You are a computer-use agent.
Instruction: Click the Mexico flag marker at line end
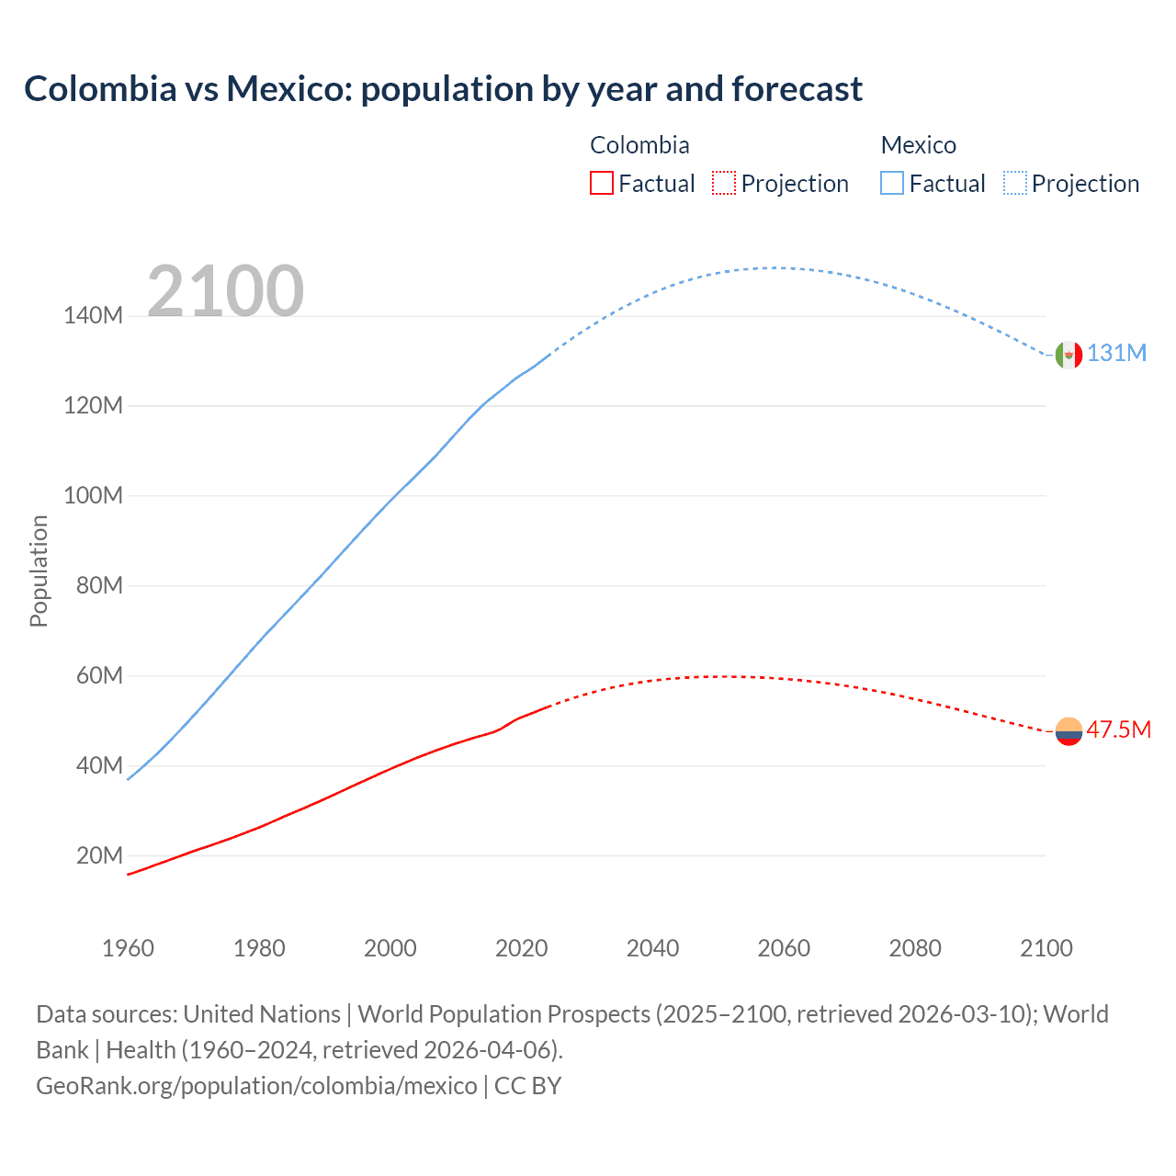(x=1069, y=355)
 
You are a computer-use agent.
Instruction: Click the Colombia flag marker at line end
(x=1069, y=731)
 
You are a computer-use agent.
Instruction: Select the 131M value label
(x=1116, y=354)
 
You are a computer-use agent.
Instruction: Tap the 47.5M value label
(x=1118, y=730)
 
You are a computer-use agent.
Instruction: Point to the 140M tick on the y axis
(x=93, y=316)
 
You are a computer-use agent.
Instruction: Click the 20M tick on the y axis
(x=99, y=856)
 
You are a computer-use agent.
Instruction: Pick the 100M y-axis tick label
(x=93, y=496)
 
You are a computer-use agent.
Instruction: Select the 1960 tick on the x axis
(x=128, y=948)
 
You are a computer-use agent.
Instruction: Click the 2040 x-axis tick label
(x=652, y=948)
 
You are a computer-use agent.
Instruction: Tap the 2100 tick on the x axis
(x=1046, y=948)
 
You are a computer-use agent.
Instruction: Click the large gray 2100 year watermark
(x=225, y=291)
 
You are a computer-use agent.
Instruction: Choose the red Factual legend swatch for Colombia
(x=601, y=184)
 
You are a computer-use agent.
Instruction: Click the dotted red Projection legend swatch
(x=724, y=184)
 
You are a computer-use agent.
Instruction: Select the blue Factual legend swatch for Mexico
(x=891, y=184)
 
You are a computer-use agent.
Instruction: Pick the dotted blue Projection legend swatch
(x=1014, y=184)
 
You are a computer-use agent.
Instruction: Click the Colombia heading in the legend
(x=639, y=145)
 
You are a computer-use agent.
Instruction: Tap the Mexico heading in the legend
(x=918, y=145)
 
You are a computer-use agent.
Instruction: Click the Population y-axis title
(x=39, y=571)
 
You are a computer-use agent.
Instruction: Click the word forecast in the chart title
(x=797, y=89)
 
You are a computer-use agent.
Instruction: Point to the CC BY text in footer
(x=527, y=1086)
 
